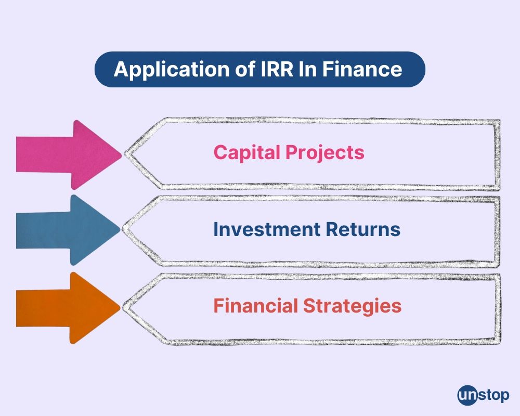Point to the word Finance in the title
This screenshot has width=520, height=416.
pyautogui.click(x=364, y=69)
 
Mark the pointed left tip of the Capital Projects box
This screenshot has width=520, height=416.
pyautogui.click(x=124, y=154)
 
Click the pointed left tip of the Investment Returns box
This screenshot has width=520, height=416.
pyautogui.click(x=124, y=229)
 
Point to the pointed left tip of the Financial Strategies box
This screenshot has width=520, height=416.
pyautogui.click(x=124, y=307)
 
